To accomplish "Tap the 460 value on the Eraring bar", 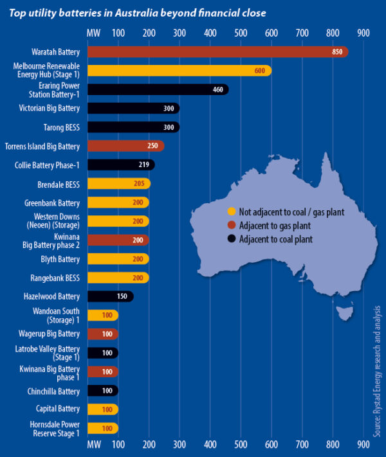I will pos(217,89).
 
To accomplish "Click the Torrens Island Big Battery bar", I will pos(125,146).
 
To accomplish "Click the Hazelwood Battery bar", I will pos(109,296).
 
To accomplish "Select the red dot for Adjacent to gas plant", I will pos(232,226).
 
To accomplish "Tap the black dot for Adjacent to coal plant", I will pos(232,239).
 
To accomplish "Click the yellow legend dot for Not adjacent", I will pos(232,211).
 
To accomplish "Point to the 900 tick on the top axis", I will pos(363,32).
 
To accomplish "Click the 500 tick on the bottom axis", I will pos(241,444).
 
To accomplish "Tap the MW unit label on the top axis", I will pos(93,32).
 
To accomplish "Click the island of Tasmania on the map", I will pos(346,313).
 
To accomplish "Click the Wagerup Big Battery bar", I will pos(102,334).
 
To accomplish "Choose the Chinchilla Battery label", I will pos(56,390).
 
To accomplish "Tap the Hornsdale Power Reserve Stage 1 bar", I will pos(102,428).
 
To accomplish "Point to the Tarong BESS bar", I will pos(133,127).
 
